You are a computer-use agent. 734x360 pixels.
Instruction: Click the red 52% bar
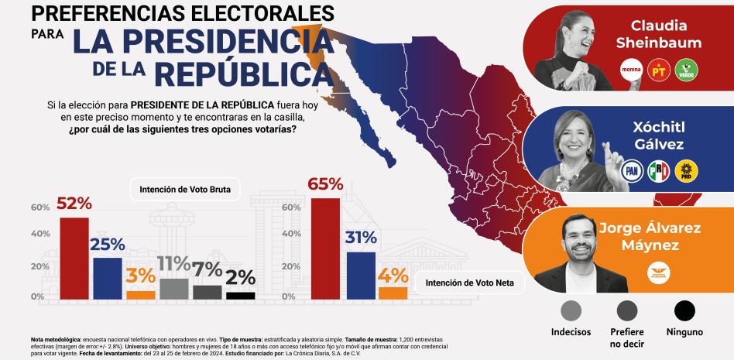point(74,258)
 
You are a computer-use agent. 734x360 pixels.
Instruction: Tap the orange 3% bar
point(141,294)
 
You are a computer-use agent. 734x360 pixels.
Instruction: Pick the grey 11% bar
point(174,288)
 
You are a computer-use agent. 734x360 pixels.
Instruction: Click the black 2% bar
point(240,295)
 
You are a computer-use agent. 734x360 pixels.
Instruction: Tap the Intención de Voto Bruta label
point(190,188)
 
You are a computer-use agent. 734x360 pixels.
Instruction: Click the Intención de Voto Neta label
point(469,283)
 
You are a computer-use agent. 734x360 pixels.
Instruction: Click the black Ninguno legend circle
point(684,310)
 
